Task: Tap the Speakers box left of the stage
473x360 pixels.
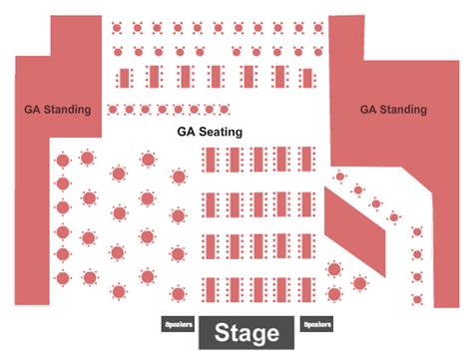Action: point(178,324)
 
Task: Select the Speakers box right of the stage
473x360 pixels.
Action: point(317,324)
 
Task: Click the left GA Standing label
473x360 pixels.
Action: point(58,110)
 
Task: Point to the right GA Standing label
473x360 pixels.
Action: point(392,110)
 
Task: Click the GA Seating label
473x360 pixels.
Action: point(210,132)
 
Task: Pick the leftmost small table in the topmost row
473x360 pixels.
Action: point(119,27)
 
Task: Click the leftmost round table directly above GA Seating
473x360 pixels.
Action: point(112,110)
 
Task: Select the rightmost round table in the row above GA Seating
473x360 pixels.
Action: point(228,110)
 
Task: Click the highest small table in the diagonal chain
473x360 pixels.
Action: point(340,177)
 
